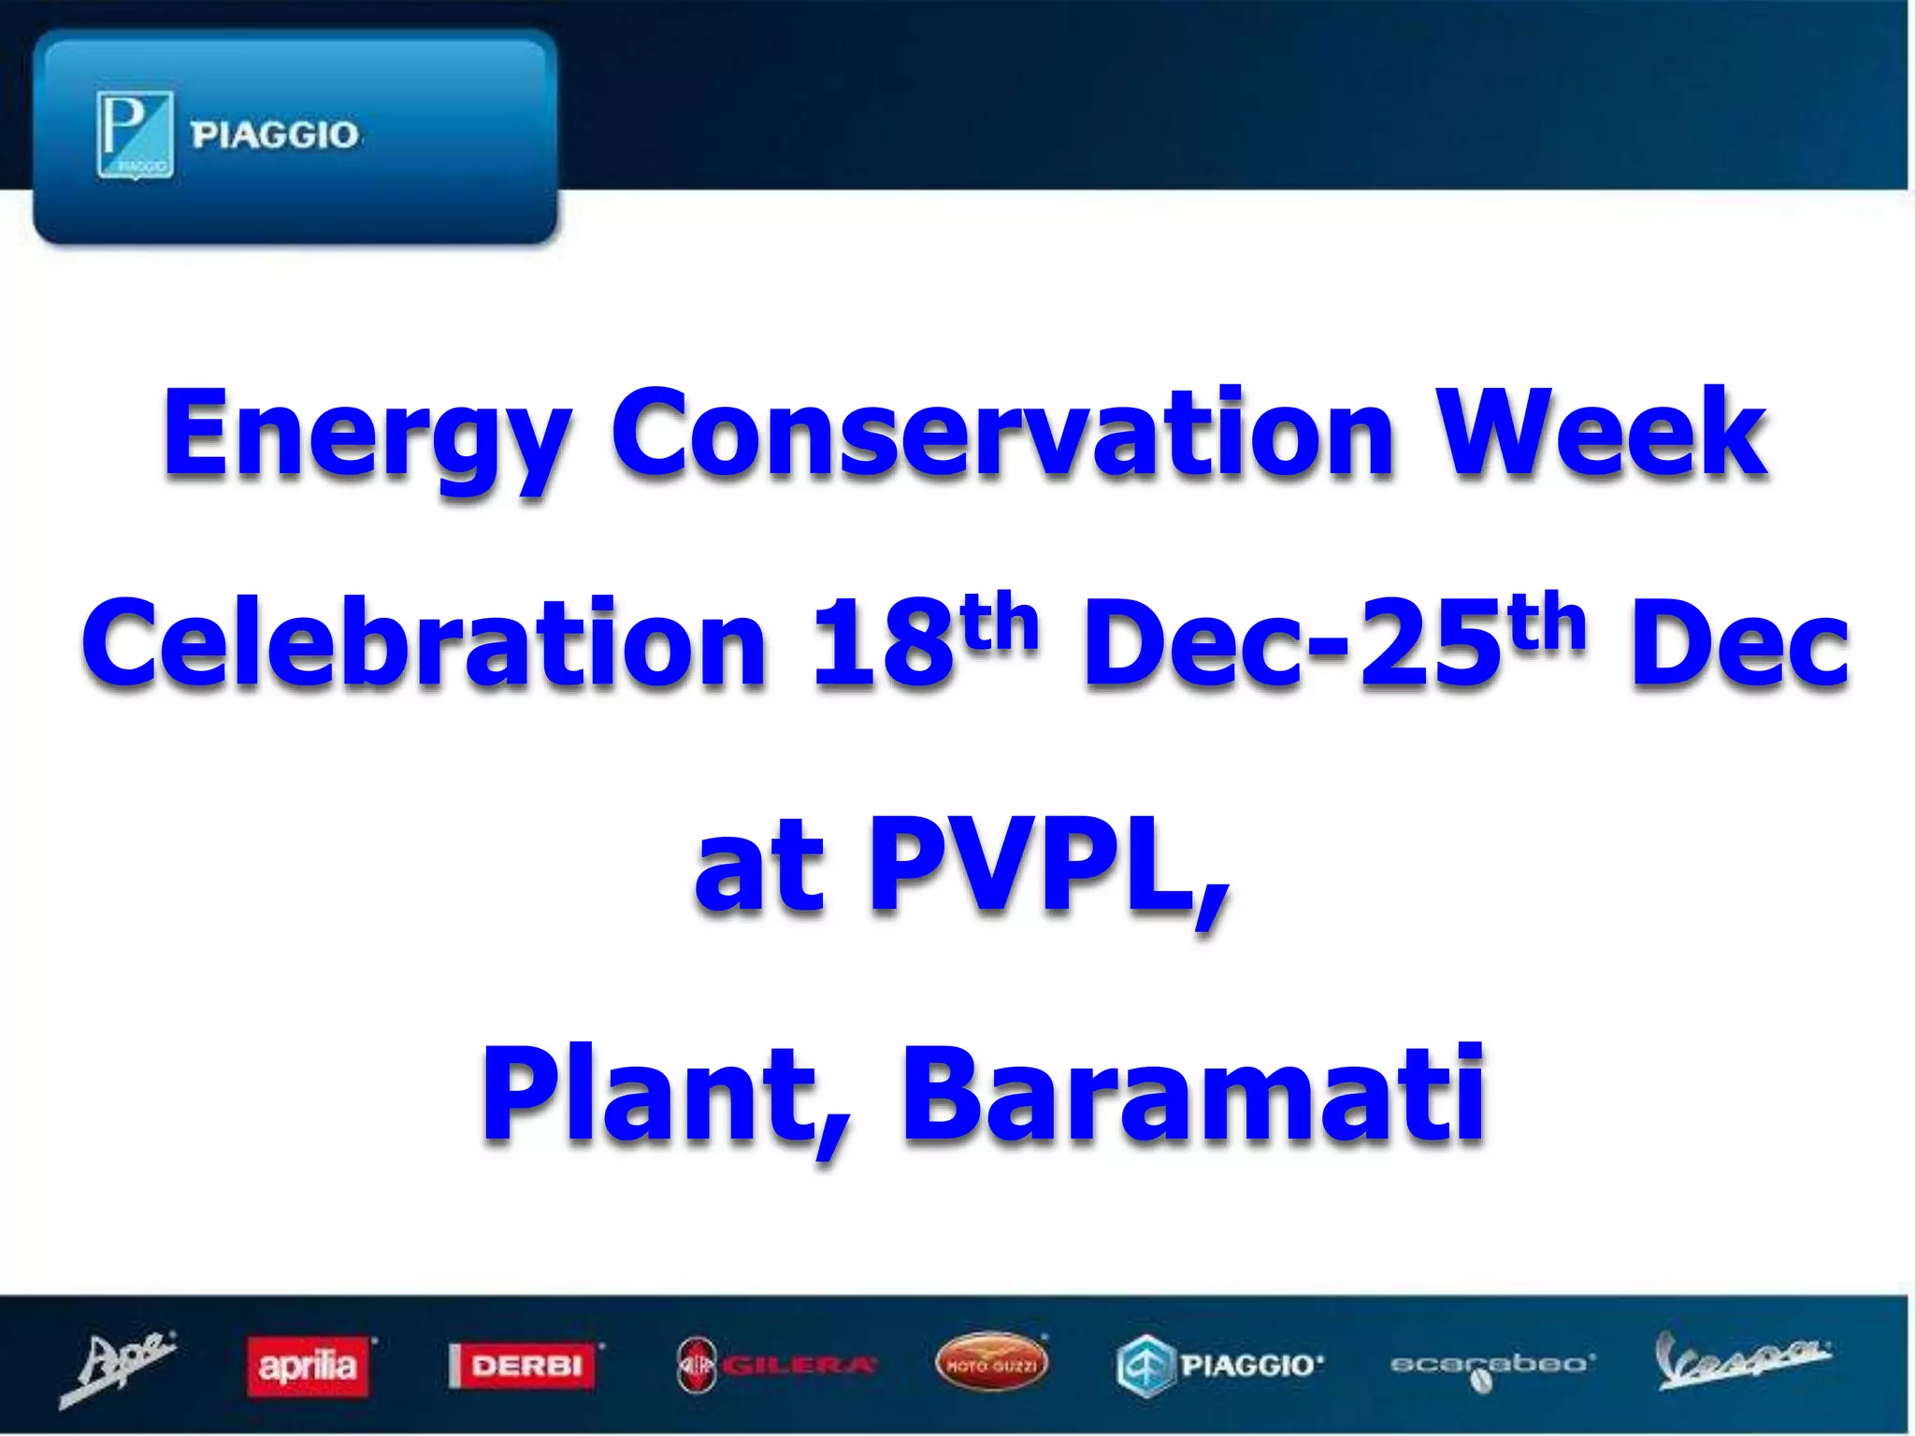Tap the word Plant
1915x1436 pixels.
(x=663, y=1094)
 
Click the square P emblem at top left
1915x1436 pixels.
(x=135, y=135)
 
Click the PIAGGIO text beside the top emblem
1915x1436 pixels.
(x=275, y=136)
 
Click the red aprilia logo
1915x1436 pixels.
(x=308, y=1367)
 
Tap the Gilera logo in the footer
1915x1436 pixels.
(x=776, y=1366)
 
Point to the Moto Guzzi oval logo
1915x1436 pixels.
(x=991, y=1364)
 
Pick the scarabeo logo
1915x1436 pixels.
(x=1490, y=1366)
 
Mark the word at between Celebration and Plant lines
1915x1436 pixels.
(x=758, y=868)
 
